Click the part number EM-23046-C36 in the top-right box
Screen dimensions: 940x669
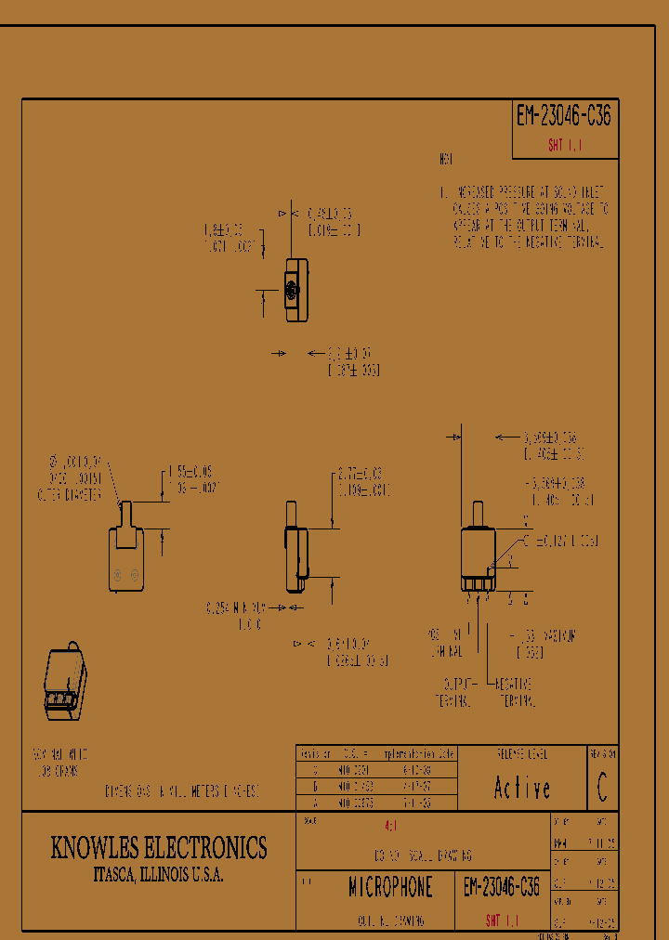563,116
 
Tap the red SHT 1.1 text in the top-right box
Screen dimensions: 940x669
564,146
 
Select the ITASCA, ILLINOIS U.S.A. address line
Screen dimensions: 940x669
158,876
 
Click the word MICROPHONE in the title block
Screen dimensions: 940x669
390,888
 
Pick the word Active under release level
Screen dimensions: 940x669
521,789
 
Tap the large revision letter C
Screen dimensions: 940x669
602,789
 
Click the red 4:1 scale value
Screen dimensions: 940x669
390,825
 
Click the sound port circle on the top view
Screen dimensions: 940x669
293,291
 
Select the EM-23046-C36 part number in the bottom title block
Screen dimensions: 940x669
501,888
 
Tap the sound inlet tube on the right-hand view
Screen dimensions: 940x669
479,514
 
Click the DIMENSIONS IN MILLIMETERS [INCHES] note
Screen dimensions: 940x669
182,791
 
